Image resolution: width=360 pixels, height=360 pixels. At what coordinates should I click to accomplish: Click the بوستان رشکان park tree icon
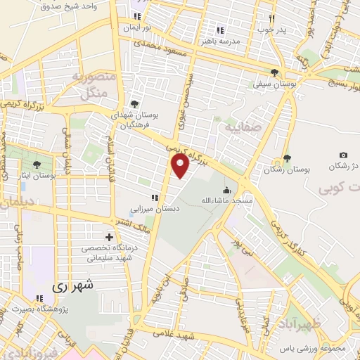(287, 158)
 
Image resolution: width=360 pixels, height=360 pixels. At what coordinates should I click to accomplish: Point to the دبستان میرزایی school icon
(153, 198)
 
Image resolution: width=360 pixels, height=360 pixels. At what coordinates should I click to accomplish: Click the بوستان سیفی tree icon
(274, 72)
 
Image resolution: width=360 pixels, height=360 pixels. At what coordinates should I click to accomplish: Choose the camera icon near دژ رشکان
(343, 155)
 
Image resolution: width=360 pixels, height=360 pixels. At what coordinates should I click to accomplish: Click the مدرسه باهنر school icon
(220, 30)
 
